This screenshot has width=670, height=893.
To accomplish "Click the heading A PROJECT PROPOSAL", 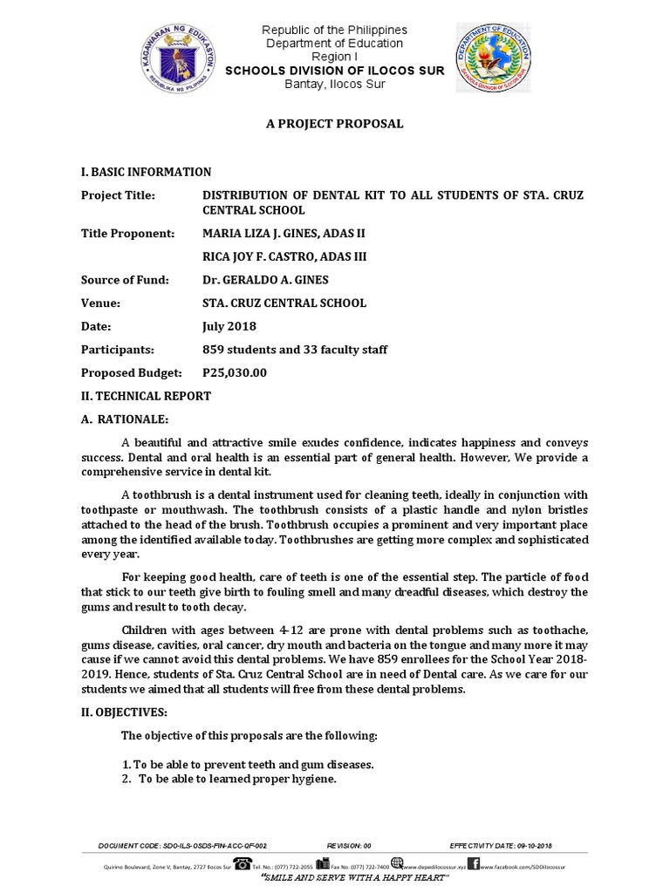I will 334,124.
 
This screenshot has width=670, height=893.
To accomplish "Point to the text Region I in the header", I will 335,56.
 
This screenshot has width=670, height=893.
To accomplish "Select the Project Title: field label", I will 118,195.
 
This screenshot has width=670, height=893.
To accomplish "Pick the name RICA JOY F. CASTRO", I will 261,257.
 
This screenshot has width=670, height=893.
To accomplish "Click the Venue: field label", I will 101,303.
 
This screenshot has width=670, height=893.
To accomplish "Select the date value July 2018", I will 229,326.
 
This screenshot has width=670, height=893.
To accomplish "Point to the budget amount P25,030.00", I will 235,372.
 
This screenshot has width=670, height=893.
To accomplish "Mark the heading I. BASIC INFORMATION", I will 146,172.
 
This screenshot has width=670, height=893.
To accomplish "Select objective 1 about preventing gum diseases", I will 248,764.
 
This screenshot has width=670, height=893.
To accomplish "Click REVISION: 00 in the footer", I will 349,846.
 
